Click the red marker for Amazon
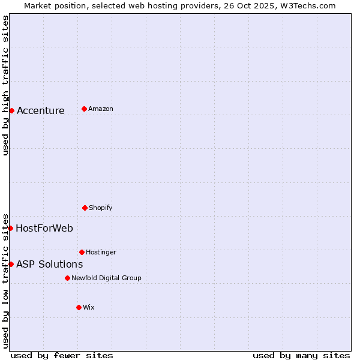[x=84, y=109]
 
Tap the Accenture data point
[x=11, y=110]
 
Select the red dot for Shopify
[x=85, y=208]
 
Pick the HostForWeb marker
[x=10, y=228]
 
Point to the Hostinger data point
[x=82, y=252]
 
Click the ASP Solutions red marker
[x=11, y=264]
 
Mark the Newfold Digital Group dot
[x=67, y=278]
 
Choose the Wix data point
[x=79, y=307]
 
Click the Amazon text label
[x=101, y=109]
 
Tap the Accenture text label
[x=41, y=110]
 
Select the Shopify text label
[x=101, y=208]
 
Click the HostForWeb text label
[x=44, y=228]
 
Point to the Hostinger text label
[x=101, y=252]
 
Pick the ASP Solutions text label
[x=49, y=264]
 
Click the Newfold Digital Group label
[x=106, y=278]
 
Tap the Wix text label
[x=89, y=307]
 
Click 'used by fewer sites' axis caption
[x=62, y=355]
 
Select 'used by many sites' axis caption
[x=301, y=355]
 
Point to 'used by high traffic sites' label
[x=5, y=85]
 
